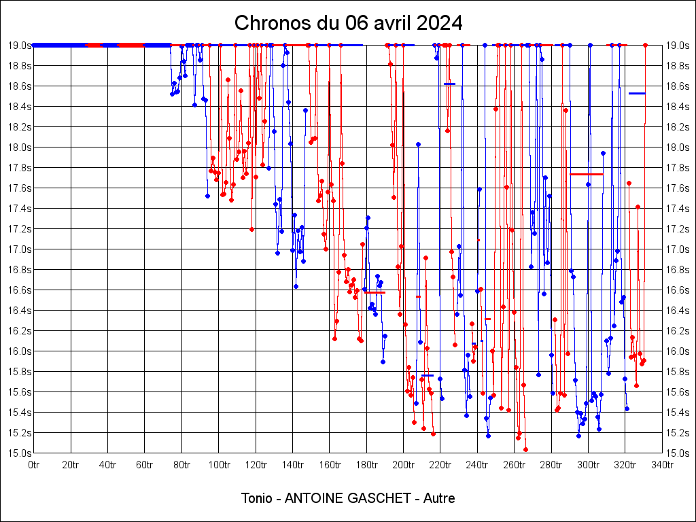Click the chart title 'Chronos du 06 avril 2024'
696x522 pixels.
[x=348, y=23]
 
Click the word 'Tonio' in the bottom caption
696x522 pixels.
[x=258, y=498]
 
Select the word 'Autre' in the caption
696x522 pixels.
[x=439, y=498]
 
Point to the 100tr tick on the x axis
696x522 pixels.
[x=219, y=466]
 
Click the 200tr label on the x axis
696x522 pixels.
[x=404, y=466]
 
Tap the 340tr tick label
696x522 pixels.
[x=663, y=466]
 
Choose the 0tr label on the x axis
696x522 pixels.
[x=34, y=466]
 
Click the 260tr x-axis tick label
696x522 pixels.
[x=515, y=466]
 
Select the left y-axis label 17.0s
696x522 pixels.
[x=19, y=249]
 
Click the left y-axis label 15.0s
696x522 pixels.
[x=19, y=453]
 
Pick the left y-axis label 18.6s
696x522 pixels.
[x=19, y=86]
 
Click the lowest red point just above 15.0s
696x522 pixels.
[x=525, y=449]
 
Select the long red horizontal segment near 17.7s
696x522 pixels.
[x=586, y=175]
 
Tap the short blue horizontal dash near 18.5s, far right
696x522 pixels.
[x=637, y=93]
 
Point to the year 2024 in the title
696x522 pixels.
[x=441, y=23]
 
